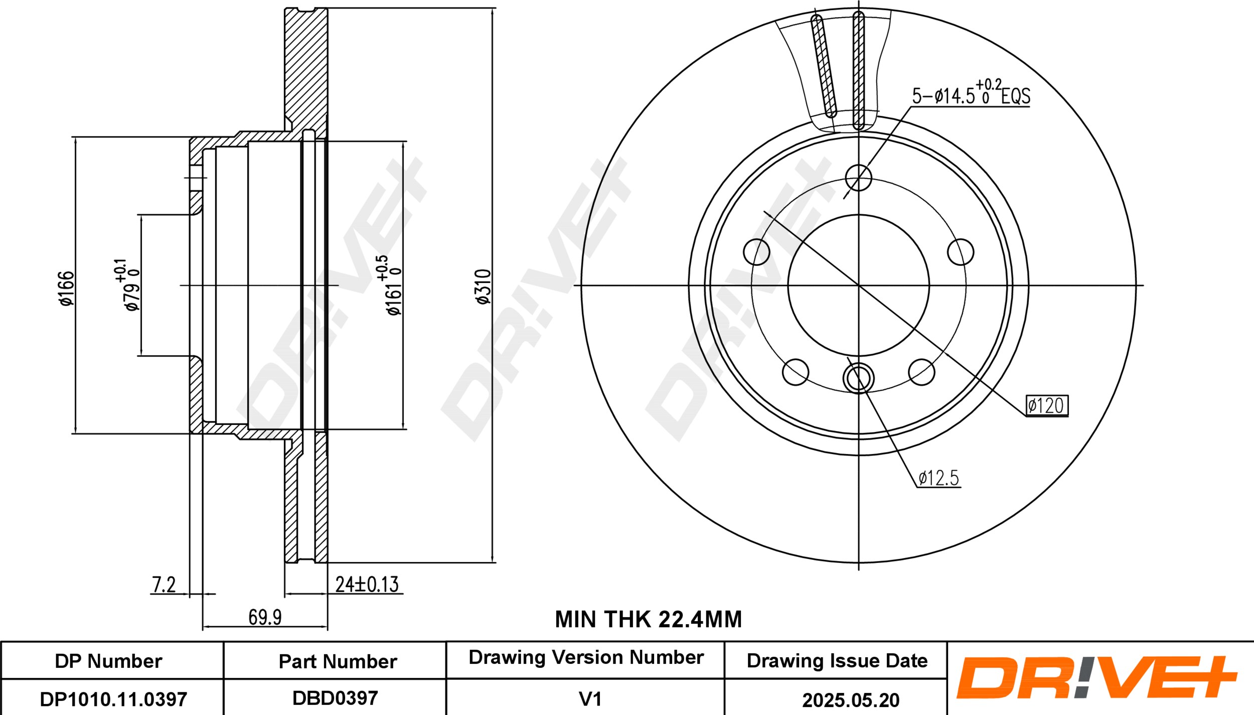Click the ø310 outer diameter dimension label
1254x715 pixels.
484,287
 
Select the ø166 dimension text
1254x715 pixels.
66,288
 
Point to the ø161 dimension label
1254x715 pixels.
389,285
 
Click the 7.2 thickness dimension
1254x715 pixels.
164,585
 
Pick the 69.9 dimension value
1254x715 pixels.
265,617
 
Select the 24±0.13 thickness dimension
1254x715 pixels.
367,584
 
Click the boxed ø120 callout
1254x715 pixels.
1047,405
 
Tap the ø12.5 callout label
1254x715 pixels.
938,478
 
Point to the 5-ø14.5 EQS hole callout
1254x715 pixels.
971,93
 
